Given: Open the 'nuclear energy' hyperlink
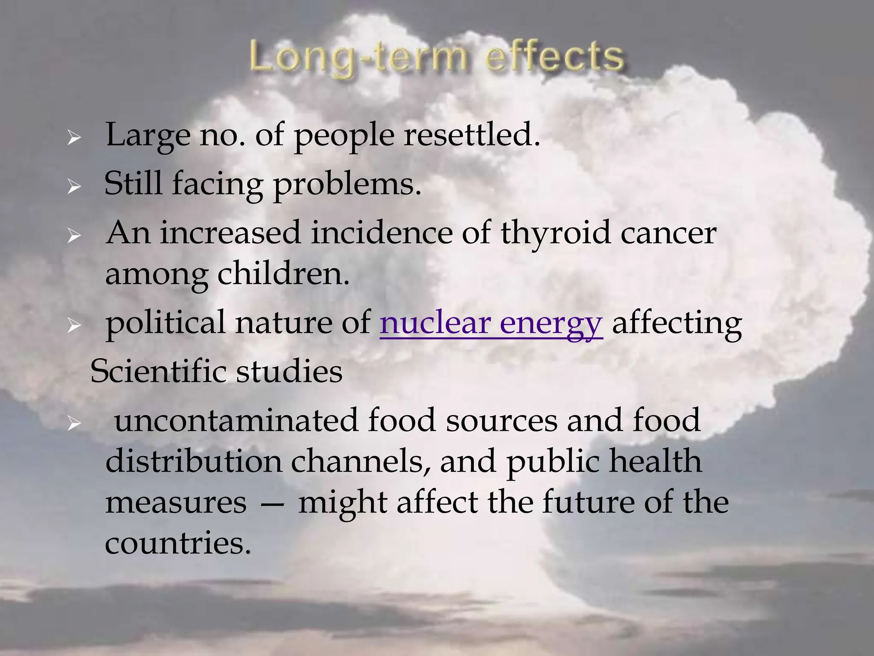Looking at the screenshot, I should [491, 323].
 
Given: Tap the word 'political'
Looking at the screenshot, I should [165, 323].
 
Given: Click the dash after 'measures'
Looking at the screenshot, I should [271, 504].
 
